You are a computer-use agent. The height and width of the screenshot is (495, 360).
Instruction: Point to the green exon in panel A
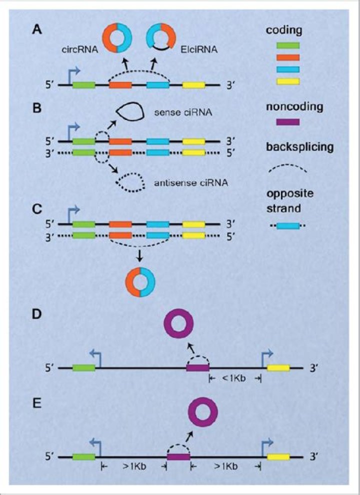coord(84,84)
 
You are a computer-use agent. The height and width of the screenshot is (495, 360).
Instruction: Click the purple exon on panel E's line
coord(178,456)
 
